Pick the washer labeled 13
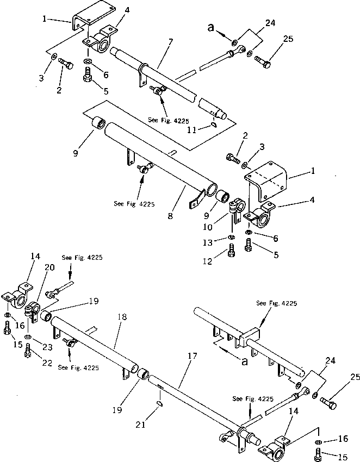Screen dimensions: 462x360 coord(232,238)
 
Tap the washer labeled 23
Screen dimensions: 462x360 coord(28,337)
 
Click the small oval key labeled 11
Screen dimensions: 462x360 coord(213,124)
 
